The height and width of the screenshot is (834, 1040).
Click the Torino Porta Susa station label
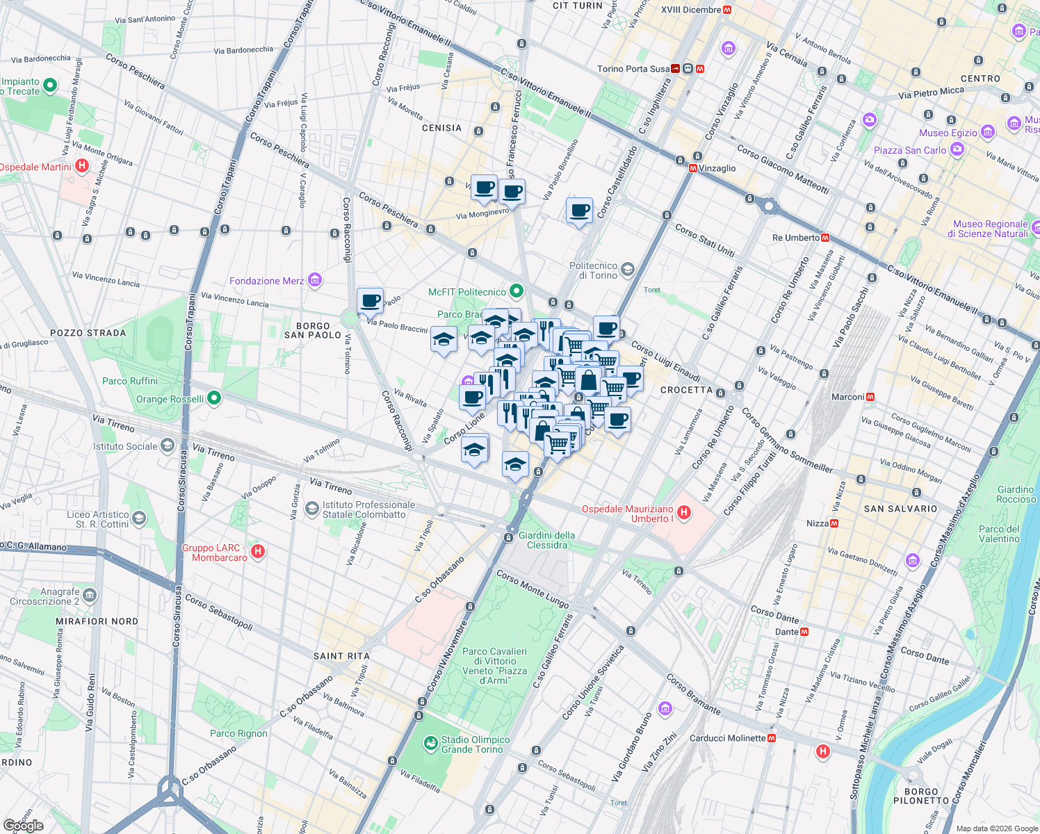click(x=633, y=69)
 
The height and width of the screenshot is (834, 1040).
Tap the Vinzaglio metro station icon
click(x=693, y=168)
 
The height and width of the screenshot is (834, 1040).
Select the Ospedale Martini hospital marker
click(x=82, y=166)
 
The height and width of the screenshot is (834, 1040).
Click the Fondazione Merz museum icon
click(x=315, y=280)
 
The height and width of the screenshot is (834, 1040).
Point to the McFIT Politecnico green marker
click(x=516, y=291)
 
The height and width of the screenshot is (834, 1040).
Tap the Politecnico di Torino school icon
click(x=628, y=270)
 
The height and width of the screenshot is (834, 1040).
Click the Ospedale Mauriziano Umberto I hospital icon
click(x=684, y=513)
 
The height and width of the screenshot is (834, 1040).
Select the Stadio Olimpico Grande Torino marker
click(x=431, y=744)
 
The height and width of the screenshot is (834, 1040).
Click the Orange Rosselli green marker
click(x=214, y=398)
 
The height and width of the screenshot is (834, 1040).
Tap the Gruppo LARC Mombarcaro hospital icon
click(x=258, y=552)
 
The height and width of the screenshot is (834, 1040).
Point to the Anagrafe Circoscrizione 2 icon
click(x=90, y=596)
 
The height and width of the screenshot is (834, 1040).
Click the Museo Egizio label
click(x=948, y=133)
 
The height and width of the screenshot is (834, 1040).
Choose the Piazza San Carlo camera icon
click(x=957, y=149)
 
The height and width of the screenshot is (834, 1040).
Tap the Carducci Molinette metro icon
click(x=772, y=738)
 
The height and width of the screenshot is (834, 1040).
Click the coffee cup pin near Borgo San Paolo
click(x=370, y=301)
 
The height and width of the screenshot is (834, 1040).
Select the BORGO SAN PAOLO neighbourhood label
click(x=313, y=330)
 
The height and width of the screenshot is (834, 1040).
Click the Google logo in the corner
click(x=23, y=825)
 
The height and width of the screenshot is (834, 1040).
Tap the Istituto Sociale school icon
click(x=167, y=446)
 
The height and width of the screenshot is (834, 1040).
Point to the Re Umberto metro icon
click(x=825, y=238)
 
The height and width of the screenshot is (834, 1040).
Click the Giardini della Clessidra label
click(x=547, y=540)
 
